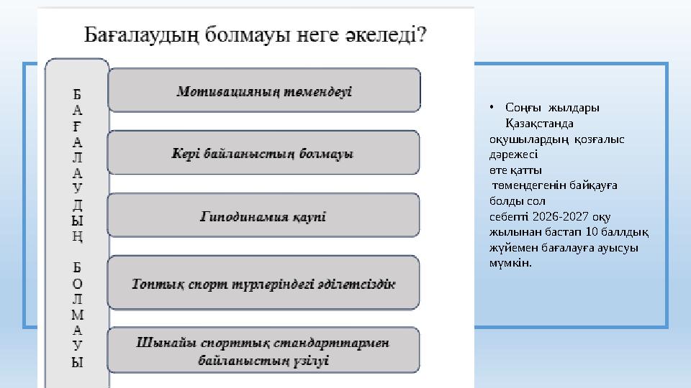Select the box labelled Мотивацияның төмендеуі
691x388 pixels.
263,91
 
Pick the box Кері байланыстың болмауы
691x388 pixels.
263,153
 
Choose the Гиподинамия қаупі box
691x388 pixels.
263,216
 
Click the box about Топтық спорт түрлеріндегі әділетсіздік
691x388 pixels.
263,283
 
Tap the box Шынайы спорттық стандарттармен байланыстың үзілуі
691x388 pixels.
263,351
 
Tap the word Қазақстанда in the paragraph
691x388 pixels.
539,124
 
